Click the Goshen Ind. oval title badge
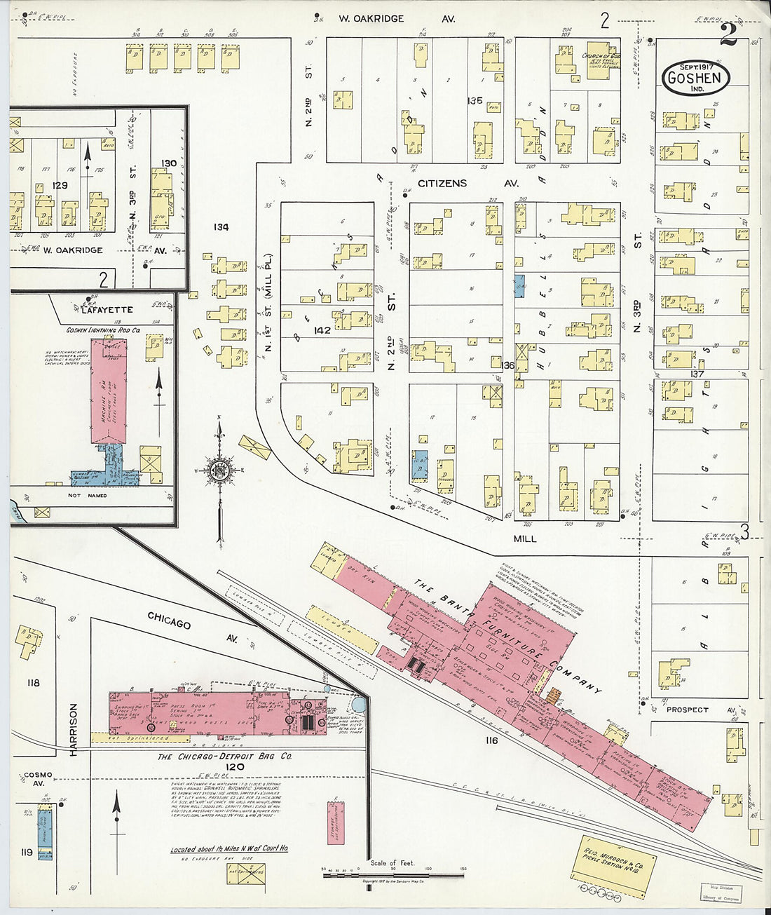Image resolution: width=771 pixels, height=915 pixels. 695,77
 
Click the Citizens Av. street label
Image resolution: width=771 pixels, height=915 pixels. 468,184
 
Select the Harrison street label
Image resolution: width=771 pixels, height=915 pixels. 73,729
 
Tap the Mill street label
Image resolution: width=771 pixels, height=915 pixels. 524,538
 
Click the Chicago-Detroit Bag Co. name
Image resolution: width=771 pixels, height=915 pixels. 224,757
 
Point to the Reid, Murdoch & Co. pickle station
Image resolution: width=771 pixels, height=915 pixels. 610,865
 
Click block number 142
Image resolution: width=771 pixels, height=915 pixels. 322,330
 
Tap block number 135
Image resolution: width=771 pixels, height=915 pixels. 475,100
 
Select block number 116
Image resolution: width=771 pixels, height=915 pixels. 491,740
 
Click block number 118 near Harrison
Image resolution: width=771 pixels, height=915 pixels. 33,682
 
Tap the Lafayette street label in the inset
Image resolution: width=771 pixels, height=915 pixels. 107,309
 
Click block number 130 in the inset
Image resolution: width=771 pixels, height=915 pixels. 168,163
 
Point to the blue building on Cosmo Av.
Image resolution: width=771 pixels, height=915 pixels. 45,832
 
